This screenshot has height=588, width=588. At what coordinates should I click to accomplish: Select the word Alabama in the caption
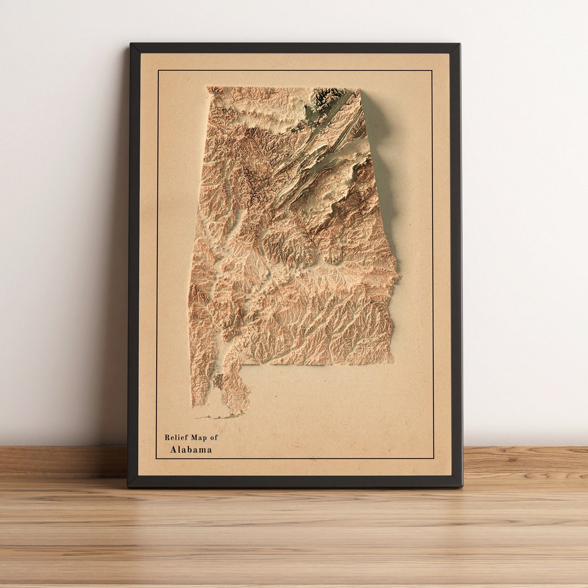(x=191, y=450)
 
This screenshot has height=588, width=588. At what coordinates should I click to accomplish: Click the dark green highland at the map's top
(x=327, y=96)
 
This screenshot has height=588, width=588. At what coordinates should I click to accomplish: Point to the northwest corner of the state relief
(x=208, y=88)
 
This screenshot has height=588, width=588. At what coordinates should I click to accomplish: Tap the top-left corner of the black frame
(x=130, y=44)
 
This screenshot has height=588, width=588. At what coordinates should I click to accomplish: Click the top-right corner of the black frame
(x=460, y=44)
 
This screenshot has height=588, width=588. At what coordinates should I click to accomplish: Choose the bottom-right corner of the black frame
(x=462, y=486)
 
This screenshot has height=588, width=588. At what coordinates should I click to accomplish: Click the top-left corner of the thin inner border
(x=158, y=70)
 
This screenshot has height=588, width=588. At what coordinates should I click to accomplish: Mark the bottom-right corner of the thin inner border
(x=433, y=458)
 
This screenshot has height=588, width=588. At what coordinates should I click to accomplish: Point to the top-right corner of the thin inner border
(x=432, y=70)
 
